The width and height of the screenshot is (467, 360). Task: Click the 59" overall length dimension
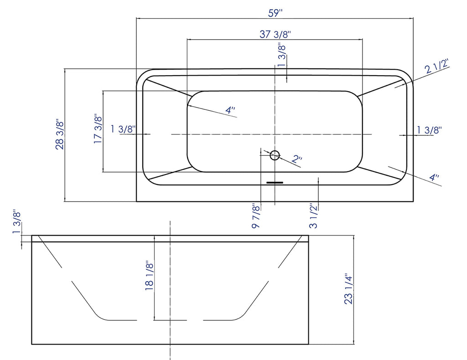275,13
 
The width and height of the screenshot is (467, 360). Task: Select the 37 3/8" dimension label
275,34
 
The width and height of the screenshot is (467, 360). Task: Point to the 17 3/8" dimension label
98,129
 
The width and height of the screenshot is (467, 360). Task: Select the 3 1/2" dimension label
314,217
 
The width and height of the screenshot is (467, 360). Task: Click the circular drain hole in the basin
275,155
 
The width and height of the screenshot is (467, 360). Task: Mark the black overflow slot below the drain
275,183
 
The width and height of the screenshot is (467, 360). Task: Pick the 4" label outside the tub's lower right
434,177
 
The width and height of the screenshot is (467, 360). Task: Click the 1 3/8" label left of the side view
17,222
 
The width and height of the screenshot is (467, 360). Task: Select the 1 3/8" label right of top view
429,130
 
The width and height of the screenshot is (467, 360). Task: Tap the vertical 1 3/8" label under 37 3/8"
282,55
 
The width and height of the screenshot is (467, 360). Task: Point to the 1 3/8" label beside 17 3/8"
123,129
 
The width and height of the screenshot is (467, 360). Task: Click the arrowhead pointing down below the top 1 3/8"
286,79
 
